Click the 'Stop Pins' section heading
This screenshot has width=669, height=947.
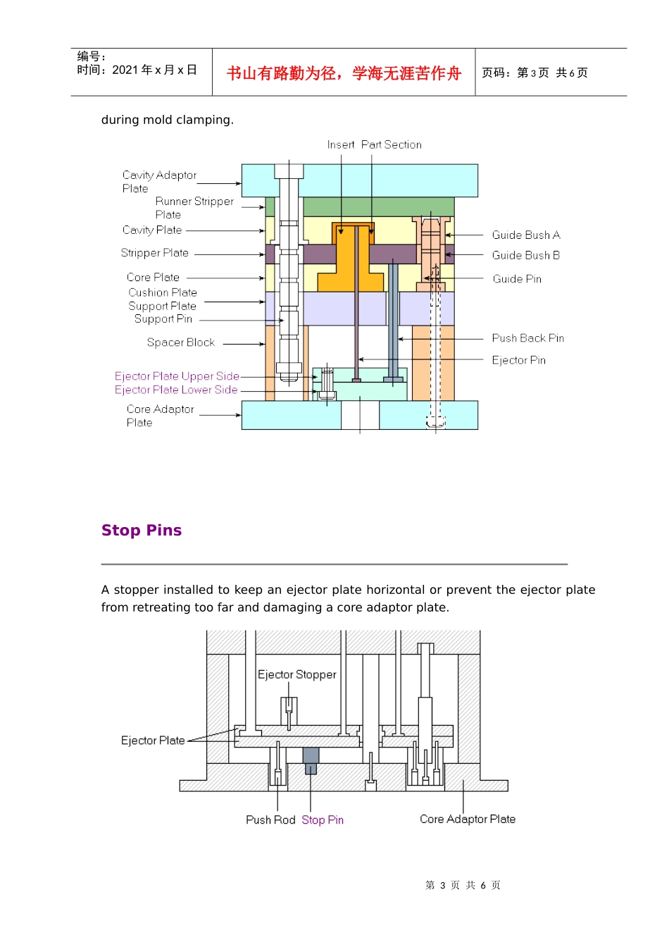tap(141, 530)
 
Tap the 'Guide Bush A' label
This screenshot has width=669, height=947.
tap(526, 235)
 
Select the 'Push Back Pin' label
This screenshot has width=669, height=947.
tap(528, 338)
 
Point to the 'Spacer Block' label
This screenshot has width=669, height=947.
tap(181, 342)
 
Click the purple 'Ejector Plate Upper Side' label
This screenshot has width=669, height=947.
tap(177, 376)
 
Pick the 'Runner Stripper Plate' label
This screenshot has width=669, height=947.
tap(194, 208)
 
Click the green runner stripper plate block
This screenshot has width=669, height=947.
tap(378, 206)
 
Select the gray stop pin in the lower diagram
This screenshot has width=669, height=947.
tap(311, 760)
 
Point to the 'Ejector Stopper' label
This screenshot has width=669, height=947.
tap(296, 674)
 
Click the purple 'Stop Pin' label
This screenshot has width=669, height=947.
tap(323, 819)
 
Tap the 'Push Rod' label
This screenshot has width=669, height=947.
tap(270, 819)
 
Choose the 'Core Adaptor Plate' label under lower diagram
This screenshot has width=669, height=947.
tap(468, 819)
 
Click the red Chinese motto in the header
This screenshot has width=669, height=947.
tap(344, 73)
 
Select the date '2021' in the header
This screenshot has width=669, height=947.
tap(125, 70)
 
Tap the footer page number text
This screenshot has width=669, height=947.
tap(463, 885)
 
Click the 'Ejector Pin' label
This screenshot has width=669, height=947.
tap(518, 360)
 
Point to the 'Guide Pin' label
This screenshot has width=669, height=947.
tap(517, 278)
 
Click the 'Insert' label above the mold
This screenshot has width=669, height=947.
tap(341, 144)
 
